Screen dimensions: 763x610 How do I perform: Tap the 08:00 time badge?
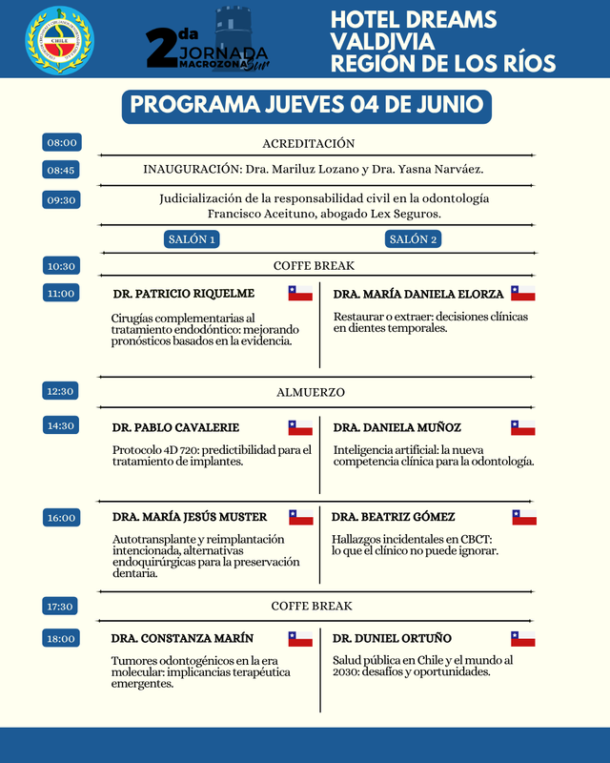click(62, 142)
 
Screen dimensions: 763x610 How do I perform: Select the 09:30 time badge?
click(62, 200)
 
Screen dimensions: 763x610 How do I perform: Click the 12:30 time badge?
click(62, 391)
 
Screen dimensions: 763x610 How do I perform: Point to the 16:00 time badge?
click(62, 518)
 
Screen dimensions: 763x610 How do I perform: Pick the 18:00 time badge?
click(62, 638)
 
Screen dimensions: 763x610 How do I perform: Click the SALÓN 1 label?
click(192, 239)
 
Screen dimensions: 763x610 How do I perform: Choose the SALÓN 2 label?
click(413, 239)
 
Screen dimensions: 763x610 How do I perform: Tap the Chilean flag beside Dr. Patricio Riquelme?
click(300, 293)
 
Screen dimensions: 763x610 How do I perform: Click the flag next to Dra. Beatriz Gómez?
click(524, 517)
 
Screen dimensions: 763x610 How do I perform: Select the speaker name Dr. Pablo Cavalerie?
click(175, 427)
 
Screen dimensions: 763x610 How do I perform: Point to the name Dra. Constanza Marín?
click(182, 638)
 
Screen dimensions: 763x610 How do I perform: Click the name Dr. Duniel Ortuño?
click(392, 638)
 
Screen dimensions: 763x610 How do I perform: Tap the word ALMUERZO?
click(311, 392)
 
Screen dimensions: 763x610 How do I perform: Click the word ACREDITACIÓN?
click(308, 143)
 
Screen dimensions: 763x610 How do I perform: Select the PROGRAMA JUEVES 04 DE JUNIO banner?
click(306, 105)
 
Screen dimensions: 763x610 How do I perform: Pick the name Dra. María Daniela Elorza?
click(417, 293)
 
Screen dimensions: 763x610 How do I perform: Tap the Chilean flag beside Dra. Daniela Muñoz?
click(523, 427)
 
